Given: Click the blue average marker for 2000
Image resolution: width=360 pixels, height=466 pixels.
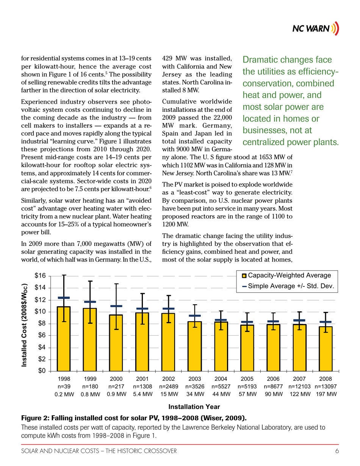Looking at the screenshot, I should coord(116,306).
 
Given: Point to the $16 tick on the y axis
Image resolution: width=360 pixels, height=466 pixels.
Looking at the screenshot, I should coord(40,276).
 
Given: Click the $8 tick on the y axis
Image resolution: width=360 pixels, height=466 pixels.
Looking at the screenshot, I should coord(42,324).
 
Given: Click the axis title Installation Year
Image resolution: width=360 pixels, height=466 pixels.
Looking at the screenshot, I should coord(194,407).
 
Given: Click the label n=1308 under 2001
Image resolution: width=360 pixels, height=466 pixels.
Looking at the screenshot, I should coord(142,386).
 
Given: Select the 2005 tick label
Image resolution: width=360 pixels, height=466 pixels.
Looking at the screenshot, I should coord(247,378).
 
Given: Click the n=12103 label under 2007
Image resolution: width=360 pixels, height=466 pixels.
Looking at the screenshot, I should coord(300,386).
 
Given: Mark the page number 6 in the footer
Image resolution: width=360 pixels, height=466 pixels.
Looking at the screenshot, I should coord(337,450).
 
